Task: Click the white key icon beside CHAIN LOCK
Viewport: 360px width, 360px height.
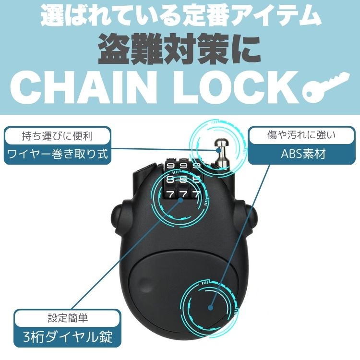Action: pos(325,86)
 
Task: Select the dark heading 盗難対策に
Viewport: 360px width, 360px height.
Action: pos(180,49)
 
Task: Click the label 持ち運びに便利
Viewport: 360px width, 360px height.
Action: pos(58,136)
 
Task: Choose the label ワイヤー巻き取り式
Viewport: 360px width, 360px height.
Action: pos(58,154)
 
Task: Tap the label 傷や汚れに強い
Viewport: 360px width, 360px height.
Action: pos(301,135)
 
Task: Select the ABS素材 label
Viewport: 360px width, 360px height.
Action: pos(303,154)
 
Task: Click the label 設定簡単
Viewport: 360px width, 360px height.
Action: pos(68,318)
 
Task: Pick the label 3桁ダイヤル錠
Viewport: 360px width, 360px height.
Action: pos(68,337)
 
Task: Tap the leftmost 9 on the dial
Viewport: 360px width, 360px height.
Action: pos(170,166)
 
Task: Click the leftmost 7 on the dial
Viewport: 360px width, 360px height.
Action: pos(170,195)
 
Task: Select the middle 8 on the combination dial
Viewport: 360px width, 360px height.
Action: pos(183,180)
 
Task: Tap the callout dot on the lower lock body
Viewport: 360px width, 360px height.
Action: pos(211,308)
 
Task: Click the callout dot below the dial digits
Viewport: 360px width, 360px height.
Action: pos(180,200)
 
